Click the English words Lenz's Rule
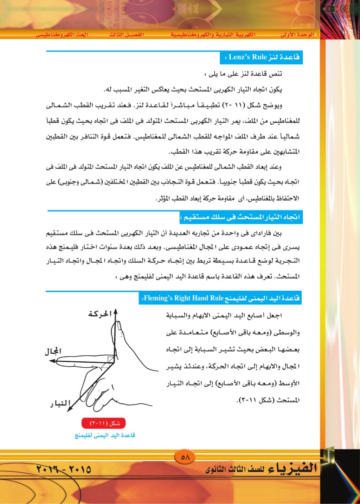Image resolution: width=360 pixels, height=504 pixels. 247,57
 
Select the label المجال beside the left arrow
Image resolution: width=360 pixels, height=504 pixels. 53,351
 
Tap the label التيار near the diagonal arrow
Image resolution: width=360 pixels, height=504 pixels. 60,403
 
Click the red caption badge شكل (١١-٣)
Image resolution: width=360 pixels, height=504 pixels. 103,423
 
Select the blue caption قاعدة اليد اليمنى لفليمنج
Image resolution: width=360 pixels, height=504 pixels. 105,435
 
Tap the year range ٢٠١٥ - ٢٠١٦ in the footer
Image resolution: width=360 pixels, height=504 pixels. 63,469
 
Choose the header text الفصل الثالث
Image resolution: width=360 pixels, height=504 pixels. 126,35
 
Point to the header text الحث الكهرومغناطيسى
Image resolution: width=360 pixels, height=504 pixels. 62,35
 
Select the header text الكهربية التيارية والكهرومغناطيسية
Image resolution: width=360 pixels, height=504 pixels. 213,35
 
